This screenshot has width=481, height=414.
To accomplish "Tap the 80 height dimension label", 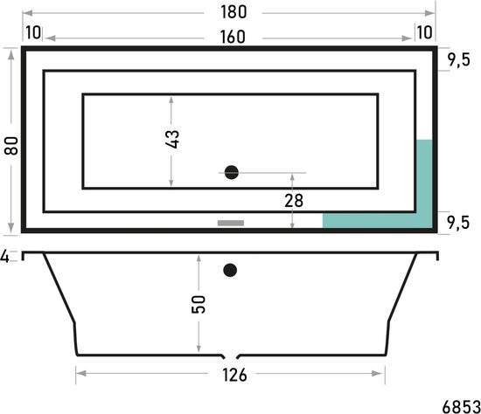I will pos(10,144).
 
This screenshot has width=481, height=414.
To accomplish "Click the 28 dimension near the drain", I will pos(293,200).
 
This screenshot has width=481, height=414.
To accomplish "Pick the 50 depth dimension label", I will pos(199,304).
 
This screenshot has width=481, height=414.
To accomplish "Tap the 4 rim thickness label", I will pos(5,256).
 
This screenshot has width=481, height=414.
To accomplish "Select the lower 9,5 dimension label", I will pos(460,219).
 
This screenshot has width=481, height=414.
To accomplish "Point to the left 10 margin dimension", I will pos(33,33).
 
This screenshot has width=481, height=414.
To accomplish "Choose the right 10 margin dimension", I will pos(424,33).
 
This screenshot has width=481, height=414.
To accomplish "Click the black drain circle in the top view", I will pos(231,173).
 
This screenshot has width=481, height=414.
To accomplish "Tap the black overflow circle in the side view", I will pos(230,270).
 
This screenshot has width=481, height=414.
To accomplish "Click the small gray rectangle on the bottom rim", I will pos(230,223).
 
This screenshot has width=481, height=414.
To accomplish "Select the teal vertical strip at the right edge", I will pos(425,175).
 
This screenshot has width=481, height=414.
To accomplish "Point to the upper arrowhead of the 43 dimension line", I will pos(171,98).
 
